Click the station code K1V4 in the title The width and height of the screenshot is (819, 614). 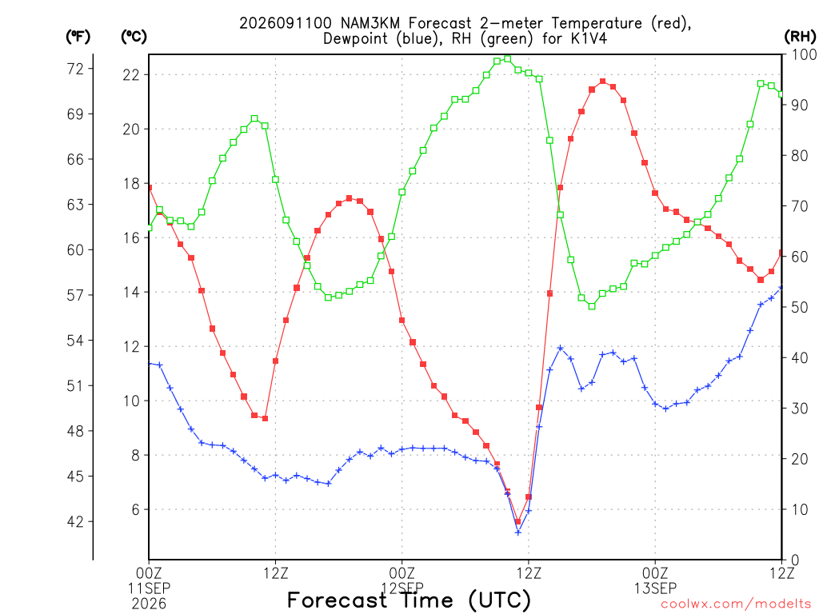tap(589, 38)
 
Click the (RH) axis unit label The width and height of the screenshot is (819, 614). tap(800, 36)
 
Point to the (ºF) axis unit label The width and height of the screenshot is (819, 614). tap(78, 36)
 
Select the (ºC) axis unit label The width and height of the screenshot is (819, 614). tap(134, 36)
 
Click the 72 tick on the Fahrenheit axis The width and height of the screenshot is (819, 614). tap(75, 69)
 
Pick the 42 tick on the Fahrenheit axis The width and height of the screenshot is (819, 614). tap(75, 521)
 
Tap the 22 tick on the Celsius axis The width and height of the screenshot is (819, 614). tap(131, 74)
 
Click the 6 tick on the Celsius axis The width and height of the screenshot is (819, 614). tap(135, 509)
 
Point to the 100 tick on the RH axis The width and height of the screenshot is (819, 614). tap(804, 54)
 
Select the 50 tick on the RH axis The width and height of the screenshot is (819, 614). tap(800, 307)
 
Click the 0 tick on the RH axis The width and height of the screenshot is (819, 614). tap(796, 560)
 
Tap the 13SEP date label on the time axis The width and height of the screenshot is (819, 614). tap(655, 588)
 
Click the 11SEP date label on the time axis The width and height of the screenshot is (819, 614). tap(149, 588)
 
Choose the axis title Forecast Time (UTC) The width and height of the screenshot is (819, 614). tap(409, 600)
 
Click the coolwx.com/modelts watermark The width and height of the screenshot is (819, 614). tap(736, 604)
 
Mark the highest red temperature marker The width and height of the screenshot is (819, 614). tap(603, 82)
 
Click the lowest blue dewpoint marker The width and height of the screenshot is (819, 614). tap(518, 532)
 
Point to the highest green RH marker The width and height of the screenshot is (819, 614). tap(508, 59)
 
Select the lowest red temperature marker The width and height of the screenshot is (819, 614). tap(518, 521)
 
